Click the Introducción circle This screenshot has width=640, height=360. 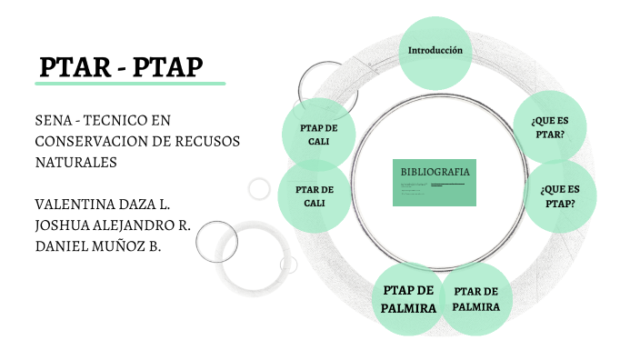coord(435,52)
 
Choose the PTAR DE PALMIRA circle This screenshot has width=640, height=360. coord(476,299)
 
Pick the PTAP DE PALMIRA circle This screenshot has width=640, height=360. coord(408,298)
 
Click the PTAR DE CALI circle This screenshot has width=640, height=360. coord(315,195)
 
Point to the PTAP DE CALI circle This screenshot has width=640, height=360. coord(318,135)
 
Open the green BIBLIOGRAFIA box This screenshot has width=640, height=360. coord(435,182)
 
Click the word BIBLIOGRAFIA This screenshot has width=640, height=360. coord(435,171)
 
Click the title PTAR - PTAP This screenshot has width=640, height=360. coord(121,66)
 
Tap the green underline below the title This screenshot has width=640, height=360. coord(129,84)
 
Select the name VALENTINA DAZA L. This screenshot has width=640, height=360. coord(102,202)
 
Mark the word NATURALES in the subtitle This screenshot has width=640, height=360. coord(76,162)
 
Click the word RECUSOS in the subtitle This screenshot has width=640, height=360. coord(219,141)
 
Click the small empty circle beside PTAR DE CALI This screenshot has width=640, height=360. coord(260,189)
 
